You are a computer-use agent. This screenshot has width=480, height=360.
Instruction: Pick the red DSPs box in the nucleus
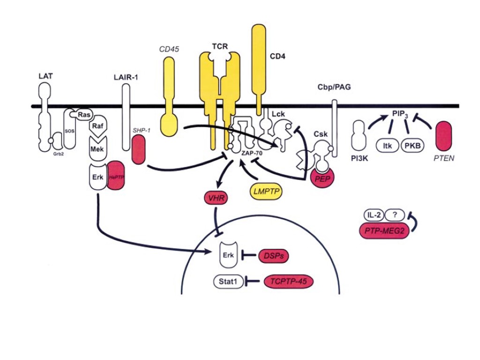pyautogui.click(x=273, y=255)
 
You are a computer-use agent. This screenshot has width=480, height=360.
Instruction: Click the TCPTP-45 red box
pyautogui.click(x=288, y=281)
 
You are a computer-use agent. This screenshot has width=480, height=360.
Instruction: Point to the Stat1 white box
pyautogui.click(x=228, y=281)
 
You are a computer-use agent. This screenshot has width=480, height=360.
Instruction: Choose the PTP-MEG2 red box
pyautogui.click(x=382, y=231)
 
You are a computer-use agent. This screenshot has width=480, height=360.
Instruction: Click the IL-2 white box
pyautogui.click(x=374, y=216)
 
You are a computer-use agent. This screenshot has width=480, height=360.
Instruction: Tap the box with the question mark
pyautogui.click(x=395, y=216)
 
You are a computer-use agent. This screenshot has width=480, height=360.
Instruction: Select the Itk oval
pyautogui.click(x=387, y=146)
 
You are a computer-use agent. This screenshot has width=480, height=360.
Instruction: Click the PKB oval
pyautogui.click(x=412, y=146)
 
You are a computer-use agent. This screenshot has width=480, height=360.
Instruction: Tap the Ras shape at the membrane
pyautogui.click(x=84, y=114)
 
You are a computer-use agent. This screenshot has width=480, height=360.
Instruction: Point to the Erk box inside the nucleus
pyautogui.click(x=228, y=255)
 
